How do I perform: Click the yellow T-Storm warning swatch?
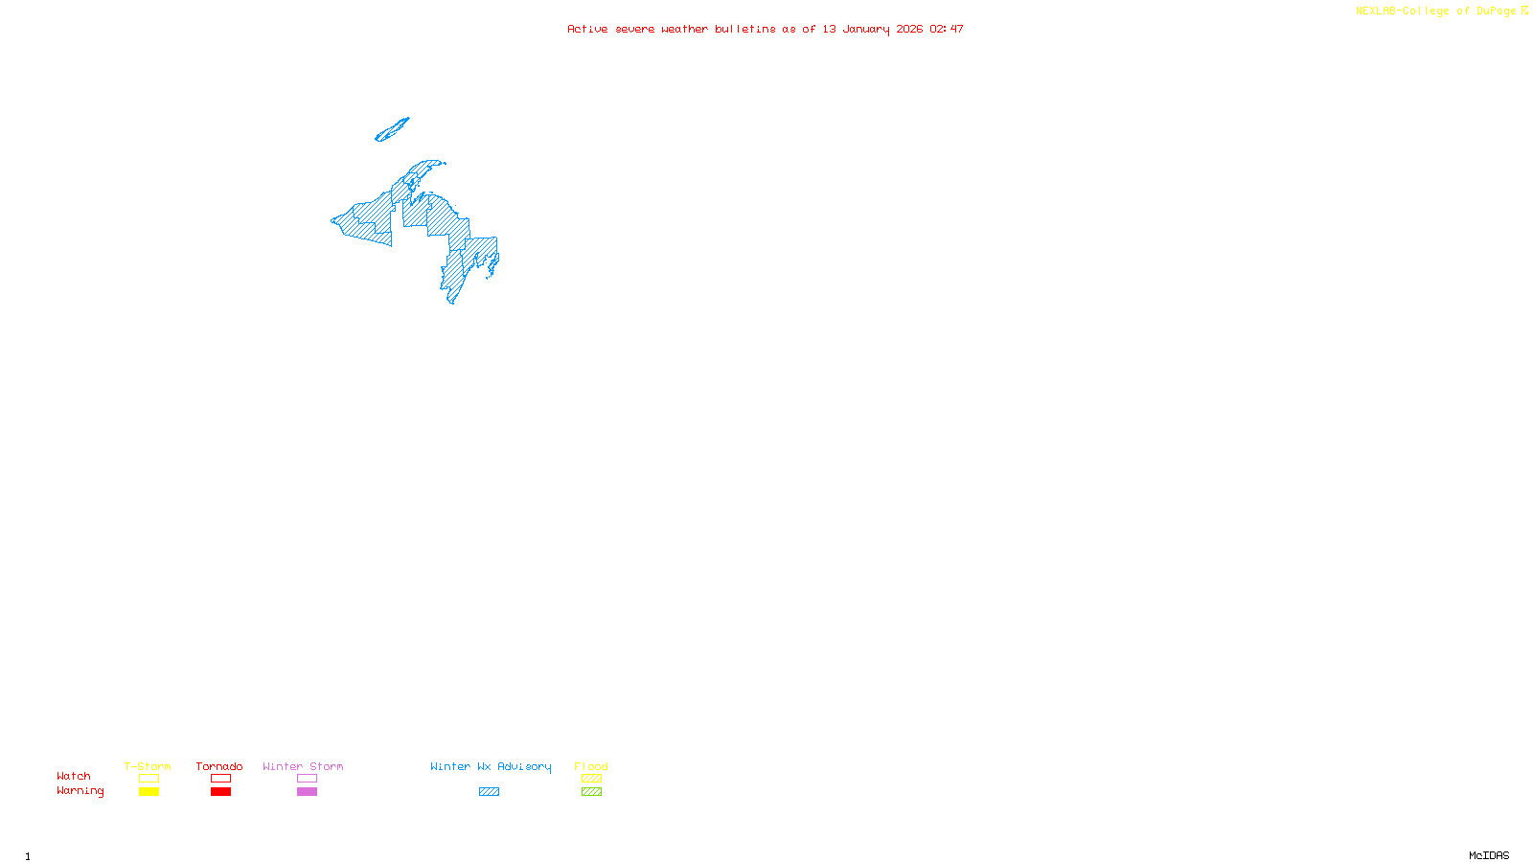[149, 792]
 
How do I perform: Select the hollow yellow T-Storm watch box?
[149, 779]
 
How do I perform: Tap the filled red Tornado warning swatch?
[220, 792]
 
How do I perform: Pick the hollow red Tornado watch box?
[220, 779]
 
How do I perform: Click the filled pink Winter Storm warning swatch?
[307, 792]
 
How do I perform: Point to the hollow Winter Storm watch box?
[307, 779]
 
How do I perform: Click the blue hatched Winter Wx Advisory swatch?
[489, 792]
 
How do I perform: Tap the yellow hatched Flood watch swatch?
[591, 779]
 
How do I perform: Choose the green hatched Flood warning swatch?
[591, 792]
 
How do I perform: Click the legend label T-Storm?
[148, 766]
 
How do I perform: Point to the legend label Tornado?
[219, 766]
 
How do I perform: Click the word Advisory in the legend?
[524, 766]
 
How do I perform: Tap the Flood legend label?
[591, 766]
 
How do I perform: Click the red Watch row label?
[74, 777]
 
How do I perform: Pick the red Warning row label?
[80, 791]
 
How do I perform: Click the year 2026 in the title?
[910, 29]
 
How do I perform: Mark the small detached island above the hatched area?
[392, 129]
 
